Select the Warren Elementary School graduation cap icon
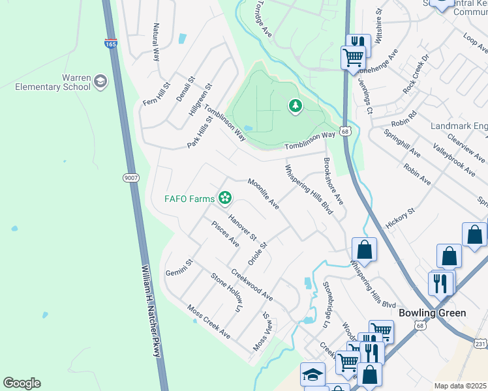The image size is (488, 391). pyautogui.click(x=100, y=81)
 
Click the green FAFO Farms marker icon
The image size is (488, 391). pyautogui.click(x=226, y=197)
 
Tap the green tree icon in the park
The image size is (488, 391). pyautogui.click(x=295, y=105)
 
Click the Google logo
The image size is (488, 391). pyautogui.click(x=22, y=383)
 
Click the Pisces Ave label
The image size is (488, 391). pyautogui.click(x=226, y=233)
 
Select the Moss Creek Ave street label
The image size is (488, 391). pyautogui.click(x=209, y=321)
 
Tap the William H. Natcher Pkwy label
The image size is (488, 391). pyautogui.click(x=151, y=310)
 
